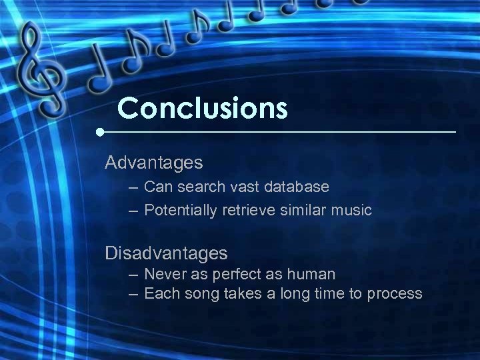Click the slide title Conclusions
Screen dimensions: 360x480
click(202, 107)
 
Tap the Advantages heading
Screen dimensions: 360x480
click(154, 162)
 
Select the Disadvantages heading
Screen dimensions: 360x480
click(166, 253)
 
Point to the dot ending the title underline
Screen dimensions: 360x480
click(100, 132)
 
